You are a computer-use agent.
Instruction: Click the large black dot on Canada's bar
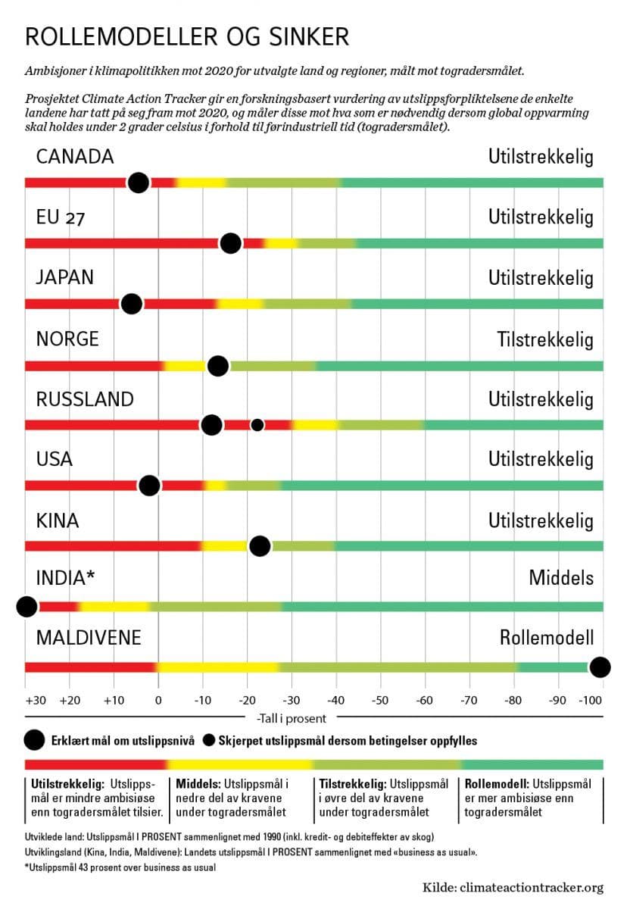(x=138, y=183)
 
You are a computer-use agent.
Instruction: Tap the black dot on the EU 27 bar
(x=231, y=243)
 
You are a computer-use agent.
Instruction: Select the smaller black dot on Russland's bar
(x=257, y=425)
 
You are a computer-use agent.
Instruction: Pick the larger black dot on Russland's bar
(x=212, y=425)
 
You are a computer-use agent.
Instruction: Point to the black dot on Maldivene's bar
(x=600, y=667)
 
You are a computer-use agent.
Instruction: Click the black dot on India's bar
(x=27, y=607)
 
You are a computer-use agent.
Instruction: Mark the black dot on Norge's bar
(x=218, y=366)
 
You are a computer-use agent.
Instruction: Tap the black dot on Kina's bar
(x=260, y=546)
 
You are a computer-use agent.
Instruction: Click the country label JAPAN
(x=65, y=277)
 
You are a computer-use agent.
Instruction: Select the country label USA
(x=55, y=460)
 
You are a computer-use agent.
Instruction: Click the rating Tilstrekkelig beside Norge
(x=545, y=339)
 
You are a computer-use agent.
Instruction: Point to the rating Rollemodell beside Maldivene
(x=547, y=638)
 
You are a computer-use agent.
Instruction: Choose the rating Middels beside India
(x=561, y=579)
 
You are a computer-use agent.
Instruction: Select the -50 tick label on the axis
(x=380, y=701)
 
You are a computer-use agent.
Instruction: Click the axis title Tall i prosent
(x=292, y=717)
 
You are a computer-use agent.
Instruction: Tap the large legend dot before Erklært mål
(x=35, y=739)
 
